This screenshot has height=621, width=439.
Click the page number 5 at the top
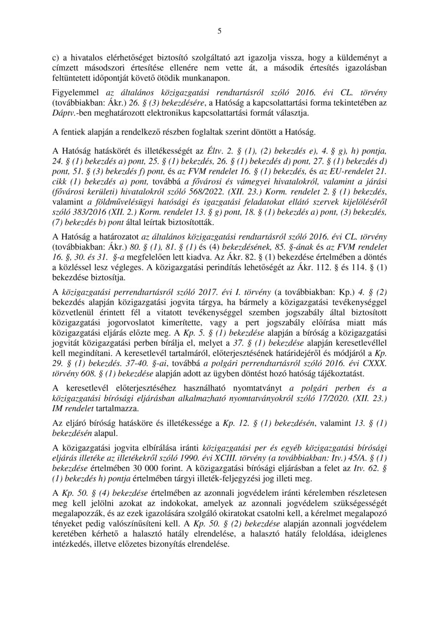(219, 32)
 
